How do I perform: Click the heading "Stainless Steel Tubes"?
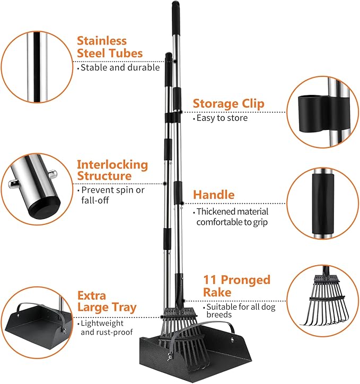click(x=109, y=47)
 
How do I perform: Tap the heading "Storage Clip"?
click(x=228, y=103)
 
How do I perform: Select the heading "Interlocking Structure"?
click(x=112, y=170)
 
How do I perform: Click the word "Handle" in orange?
click(x=214, y=195)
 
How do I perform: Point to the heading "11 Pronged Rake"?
click(x=236, y=285)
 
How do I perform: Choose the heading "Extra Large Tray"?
click(x=106, y=301)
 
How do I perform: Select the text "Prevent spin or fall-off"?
click(x=110, y=194)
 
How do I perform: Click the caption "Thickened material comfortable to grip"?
click(x=231, y=217)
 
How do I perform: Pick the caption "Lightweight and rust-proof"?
click(x=102, y=327)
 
